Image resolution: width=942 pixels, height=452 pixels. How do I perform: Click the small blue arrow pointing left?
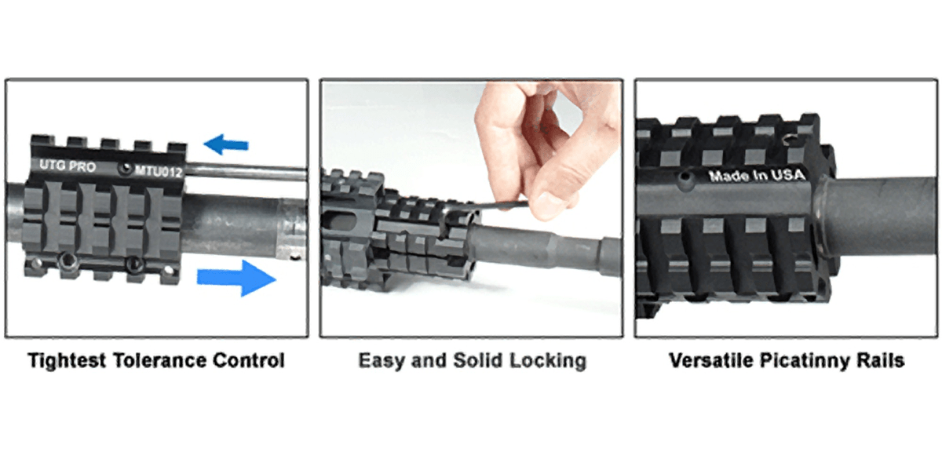(x=225, y=144)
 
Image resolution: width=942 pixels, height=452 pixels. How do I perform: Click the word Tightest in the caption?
(x=68, y=362)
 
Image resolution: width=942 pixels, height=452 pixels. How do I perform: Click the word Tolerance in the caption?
(x=167, y=362)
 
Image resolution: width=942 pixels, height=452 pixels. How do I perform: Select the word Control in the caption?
(x=254, y=362)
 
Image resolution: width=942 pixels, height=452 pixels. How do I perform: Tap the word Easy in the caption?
(x=380, y=362)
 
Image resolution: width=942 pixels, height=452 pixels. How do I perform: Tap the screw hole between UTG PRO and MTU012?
(x=123, y=168)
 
